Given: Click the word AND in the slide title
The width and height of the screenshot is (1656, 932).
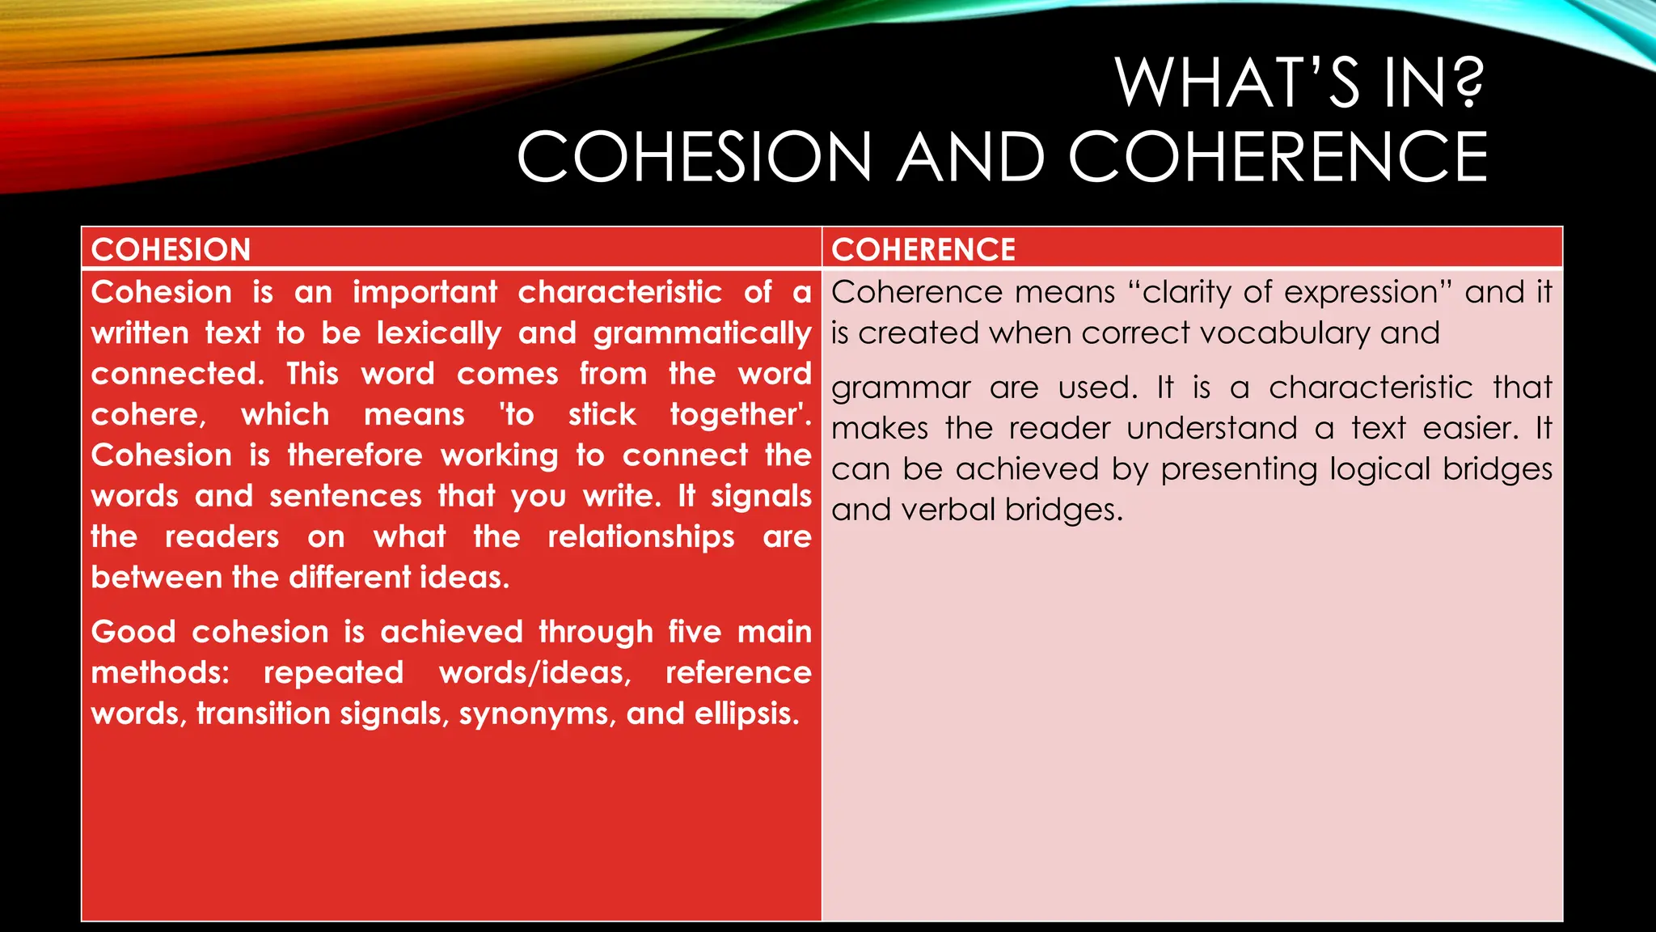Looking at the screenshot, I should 971,157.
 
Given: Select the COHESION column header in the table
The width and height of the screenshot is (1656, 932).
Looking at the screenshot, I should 171,249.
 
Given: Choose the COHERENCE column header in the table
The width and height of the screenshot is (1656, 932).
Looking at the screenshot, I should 923,249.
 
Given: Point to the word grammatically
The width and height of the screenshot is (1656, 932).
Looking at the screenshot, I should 702,333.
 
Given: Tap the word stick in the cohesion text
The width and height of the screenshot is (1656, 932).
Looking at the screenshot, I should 602,414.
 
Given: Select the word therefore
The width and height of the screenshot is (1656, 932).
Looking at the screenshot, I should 355,455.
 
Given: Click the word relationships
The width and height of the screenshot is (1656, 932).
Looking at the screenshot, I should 641,536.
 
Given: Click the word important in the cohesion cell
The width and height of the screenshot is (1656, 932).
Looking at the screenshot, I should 425,292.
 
